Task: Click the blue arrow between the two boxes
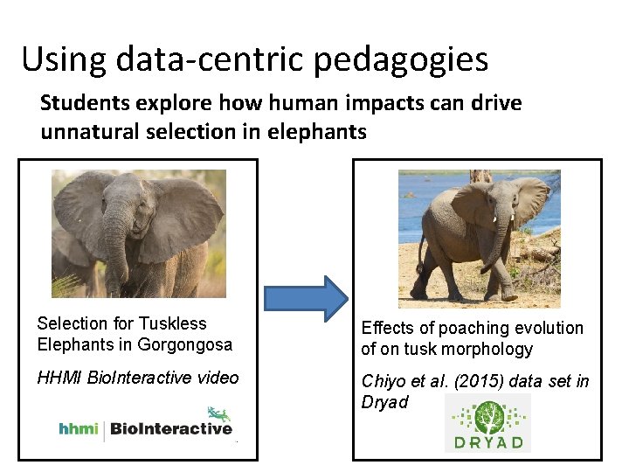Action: click(306, 299)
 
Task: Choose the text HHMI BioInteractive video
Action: click(137, 378)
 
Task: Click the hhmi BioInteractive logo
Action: click(145, 427)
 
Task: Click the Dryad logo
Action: click(487, 423)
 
